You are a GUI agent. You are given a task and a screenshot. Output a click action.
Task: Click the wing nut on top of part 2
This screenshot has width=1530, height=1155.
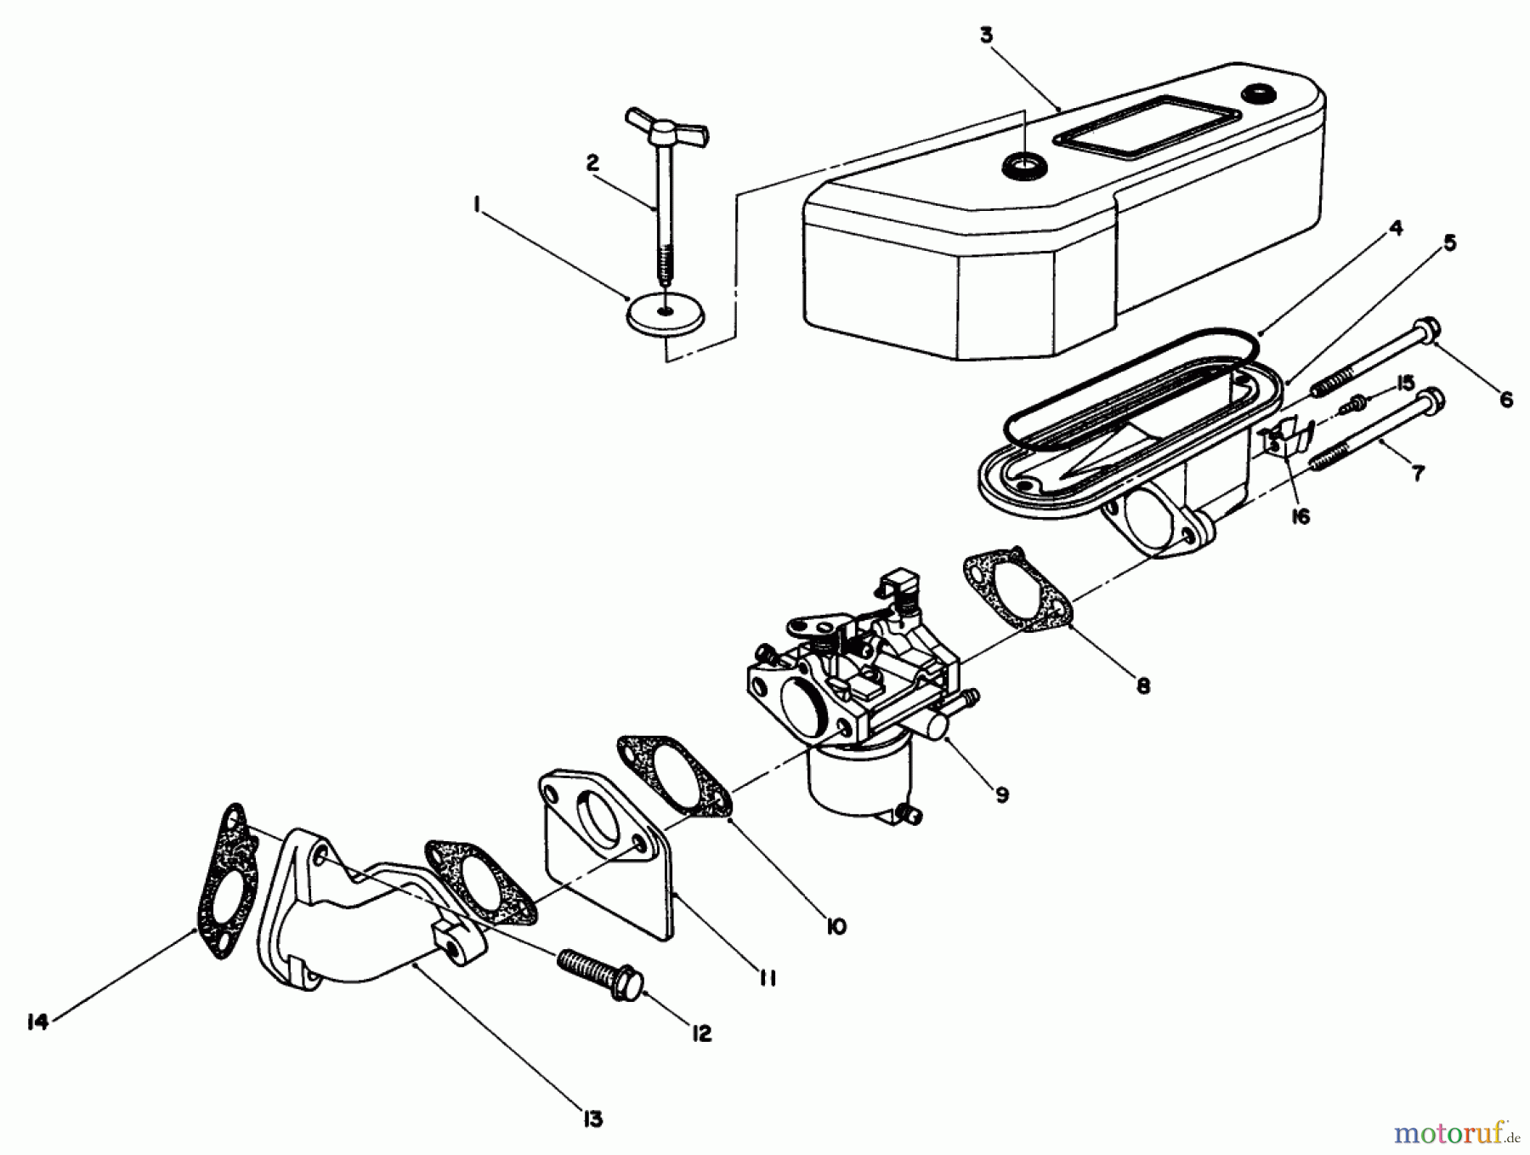click(666, 127)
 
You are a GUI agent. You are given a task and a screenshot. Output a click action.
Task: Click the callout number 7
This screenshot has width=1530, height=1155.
click(1417, 474)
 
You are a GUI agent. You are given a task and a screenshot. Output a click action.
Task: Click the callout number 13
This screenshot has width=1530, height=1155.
click(592, 1118)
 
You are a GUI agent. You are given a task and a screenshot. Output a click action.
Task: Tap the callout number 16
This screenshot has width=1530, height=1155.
click(1300, 516)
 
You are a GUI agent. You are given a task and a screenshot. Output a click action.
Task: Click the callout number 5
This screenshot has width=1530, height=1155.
click(1450, 243)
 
